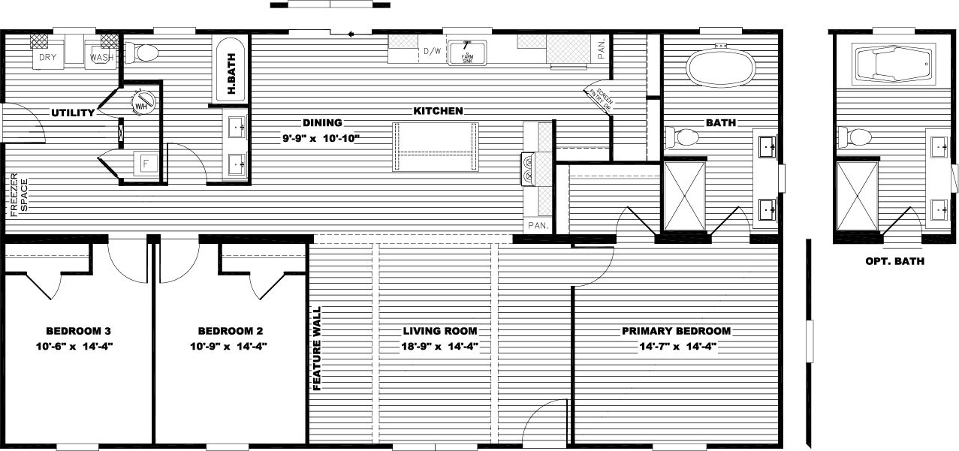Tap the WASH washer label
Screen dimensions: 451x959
coord(101,57)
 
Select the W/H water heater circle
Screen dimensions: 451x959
coord(141,104)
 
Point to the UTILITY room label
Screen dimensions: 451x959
coord(73,113)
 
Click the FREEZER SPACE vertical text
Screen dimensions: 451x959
coord(18,195)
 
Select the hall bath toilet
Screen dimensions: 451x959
coord(143,53)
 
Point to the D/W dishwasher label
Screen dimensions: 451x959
coord(431,52)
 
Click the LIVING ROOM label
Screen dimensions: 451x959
coord(439,331)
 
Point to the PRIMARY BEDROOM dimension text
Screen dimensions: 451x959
coord(676,346)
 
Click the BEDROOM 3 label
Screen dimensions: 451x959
coord(79,331)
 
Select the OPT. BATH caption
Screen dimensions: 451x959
coord(894,261)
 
